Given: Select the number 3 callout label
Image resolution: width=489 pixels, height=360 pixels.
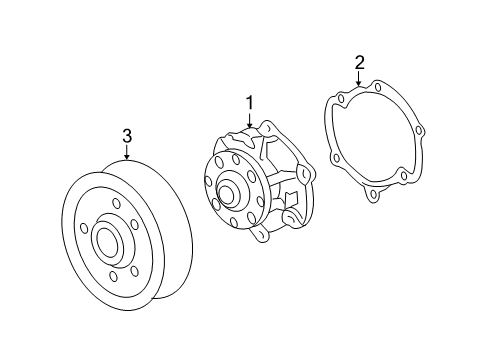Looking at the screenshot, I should click(127, 135).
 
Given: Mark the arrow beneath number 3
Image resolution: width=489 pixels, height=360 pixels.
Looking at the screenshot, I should click(127, 152).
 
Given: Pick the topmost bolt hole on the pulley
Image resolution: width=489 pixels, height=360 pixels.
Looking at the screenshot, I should click(116, 206).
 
